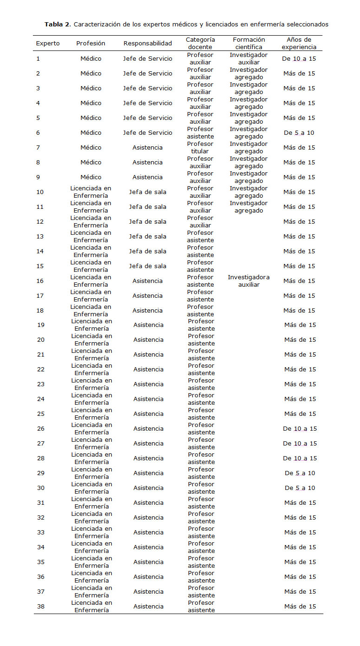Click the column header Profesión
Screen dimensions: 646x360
(90, 43)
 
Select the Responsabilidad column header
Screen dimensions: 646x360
(147, 43)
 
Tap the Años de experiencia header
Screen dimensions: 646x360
(299, 43)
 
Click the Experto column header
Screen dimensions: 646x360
(48, 43)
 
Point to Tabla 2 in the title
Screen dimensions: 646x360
(57, 24)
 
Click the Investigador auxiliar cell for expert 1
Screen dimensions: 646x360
(248, 59)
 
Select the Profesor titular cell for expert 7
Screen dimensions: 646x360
(200, 148)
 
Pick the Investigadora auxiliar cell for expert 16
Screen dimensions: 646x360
(248, 281)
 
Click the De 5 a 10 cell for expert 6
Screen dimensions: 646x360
(299, 133)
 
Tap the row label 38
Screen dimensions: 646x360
(41, 607)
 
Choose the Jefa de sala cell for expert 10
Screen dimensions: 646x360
(147, 192)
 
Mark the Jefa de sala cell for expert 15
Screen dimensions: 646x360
(147, 266)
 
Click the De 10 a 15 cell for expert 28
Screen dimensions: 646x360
(300, 458)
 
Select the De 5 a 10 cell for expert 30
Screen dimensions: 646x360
(300, 488)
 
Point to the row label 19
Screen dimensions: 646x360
(41, 325)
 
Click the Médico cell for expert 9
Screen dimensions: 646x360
(90, 177)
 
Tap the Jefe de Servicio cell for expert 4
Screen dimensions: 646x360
(147, 103)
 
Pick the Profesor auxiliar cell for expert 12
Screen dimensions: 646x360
(200, 222)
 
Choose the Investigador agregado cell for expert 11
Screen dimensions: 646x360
(248, 207)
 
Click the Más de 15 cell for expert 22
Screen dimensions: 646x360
(300, 370)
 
